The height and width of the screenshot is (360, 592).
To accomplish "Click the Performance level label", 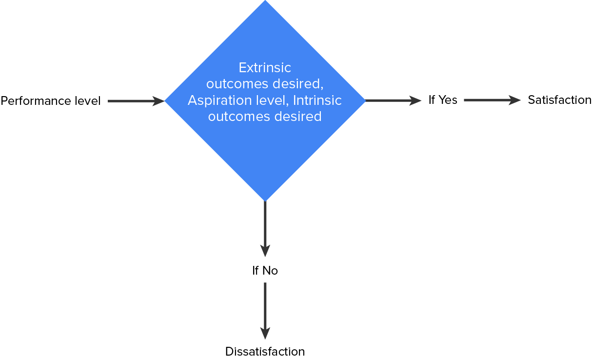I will [x=51, y=101].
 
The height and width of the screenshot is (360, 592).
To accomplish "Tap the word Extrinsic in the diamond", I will [x=265, y=67].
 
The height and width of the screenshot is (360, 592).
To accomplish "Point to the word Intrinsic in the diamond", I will [x=317, y=100].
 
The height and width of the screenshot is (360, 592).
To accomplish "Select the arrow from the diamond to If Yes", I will [x=393, y=100].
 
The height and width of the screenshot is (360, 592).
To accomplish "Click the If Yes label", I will [x=443, y=100].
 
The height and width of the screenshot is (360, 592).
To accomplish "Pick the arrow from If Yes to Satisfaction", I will [x=492, y=100].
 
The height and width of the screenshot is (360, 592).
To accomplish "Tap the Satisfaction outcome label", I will [x=559, y=100].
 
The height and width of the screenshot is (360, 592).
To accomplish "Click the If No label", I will [x=265, y=270].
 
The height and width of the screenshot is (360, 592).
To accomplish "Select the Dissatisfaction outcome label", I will [x=265, y=351].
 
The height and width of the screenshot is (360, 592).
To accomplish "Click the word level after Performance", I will [x=88, y=101].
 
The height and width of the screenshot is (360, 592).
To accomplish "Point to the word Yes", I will [x=449, y=100].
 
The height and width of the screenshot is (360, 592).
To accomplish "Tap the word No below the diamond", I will [x=270, y=270].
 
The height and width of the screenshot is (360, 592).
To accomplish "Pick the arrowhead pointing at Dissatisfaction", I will [x=265, y=333].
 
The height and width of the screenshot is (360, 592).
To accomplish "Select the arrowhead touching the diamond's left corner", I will [x=159, y=101].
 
